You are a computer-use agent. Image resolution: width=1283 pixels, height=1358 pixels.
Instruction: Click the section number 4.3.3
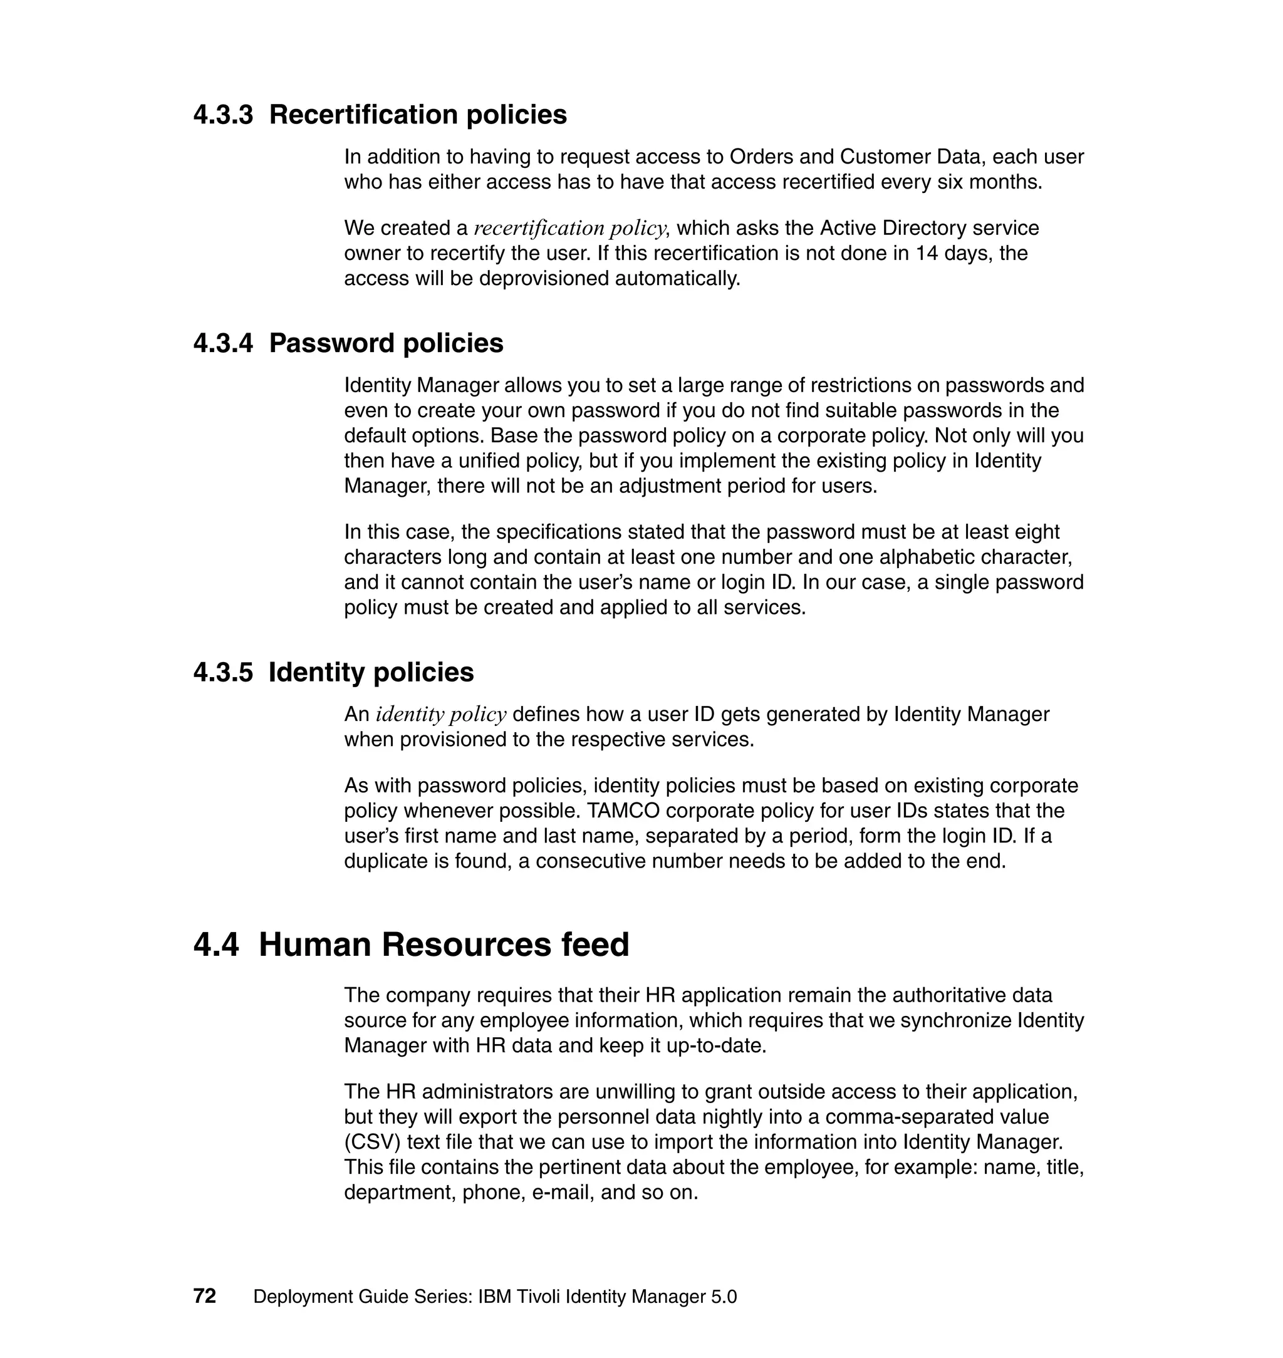223,115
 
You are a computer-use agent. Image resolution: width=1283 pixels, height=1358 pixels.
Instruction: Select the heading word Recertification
363,115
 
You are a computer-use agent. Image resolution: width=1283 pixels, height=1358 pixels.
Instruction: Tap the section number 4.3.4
223,343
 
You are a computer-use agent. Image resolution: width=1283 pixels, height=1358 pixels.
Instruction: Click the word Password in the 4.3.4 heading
331,343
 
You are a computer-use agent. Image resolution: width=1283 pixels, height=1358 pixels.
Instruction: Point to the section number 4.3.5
223,672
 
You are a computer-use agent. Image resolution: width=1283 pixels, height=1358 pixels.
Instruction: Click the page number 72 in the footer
204,1296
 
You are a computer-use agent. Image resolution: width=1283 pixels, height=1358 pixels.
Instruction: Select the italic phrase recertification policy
569,228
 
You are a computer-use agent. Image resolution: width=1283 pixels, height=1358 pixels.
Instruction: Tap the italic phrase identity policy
441,715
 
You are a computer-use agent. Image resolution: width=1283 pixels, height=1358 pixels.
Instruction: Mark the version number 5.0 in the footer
724,1297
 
